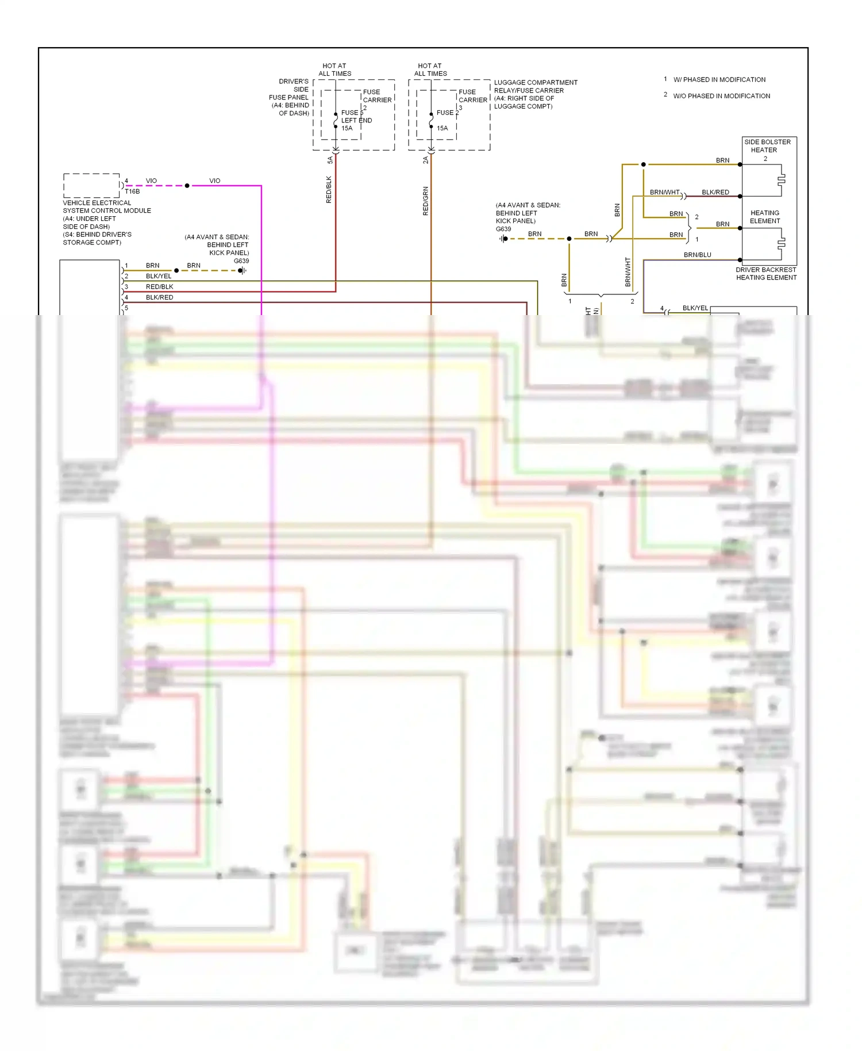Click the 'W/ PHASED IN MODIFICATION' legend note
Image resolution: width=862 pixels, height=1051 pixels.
(x=719, y=80)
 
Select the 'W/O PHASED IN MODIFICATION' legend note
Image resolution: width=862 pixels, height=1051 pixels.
(x=721, y=96)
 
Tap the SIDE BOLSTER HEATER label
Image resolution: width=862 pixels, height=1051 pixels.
(x=767, y=146)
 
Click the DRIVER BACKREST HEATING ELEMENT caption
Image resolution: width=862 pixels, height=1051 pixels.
(x=766, y=274)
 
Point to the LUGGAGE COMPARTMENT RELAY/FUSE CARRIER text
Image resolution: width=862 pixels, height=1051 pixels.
(x=535, y=94)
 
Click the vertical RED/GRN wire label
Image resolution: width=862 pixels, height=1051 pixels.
(x=426, y=201)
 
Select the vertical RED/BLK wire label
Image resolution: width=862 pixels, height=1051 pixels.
(x=329, y=190)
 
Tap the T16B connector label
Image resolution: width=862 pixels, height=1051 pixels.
(x=132, y=191)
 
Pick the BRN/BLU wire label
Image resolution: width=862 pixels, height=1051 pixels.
(x=697, y=255)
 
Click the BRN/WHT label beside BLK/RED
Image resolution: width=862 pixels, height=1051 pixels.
(x=664, y=192)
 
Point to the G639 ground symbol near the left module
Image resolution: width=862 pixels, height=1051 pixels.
(x=242, y=270)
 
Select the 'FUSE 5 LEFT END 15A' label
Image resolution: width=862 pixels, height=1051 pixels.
(x=356, y=120)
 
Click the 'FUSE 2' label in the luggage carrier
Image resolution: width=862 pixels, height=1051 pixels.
(x=447, y=113)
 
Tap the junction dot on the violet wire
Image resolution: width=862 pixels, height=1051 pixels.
(x=187, y=186)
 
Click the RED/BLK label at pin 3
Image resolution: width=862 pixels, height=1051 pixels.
(x=159, y=287)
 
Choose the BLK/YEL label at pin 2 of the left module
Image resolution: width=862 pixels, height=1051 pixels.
(x=159, y=276)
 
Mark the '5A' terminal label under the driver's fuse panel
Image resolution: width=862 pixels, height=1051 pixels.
(x=330, y=160)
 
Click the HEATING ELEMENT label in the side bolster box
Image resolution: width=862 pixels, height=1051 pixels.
(x=765, y=217)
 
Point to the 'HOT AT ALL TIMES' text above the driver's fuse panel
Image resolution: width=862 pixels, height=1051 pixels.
(x=334, y=70)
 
